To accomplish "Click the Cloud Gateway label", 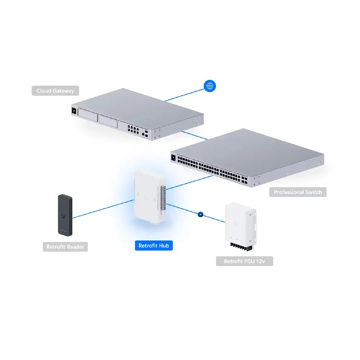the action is tap(55, 91).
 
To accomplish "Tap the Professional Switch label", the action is tap(298, 192).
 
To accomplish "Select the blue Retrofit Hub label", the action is tap(154, 246).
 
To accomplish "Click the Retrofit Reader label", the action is tap(65, 247).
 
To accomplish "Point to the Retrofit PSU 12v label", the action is tap(244, 261).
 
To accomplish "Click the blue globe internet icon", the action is tap(210, 86).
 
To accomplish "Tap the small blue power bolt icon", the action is tap(201, 215).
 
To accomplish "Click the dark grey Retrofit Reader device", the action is tap(65, 215).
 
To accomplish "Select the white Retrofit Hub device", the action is tap(150, 197).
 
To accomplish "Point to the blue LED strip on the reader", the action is tap(64, 230).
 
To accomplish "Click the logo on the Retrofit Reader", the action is tap(63, 216).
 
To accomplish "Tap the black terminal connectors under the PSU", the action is tap(241, 247).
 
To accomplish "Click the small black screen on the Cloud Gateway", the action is tap(74, 111).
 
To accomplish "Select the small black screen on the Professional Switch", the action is tap(174, 158).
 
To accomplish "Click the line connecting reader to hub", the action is tap(103, 209).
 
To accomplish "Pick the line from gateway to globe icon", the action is tap(184, 95).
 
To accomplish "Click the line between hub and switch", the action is tap(189, 183).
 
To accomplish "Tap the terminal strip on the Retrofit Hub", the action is tap(163, 198).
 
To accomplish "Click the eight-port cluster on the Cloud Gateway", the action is tap(133, 130).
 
